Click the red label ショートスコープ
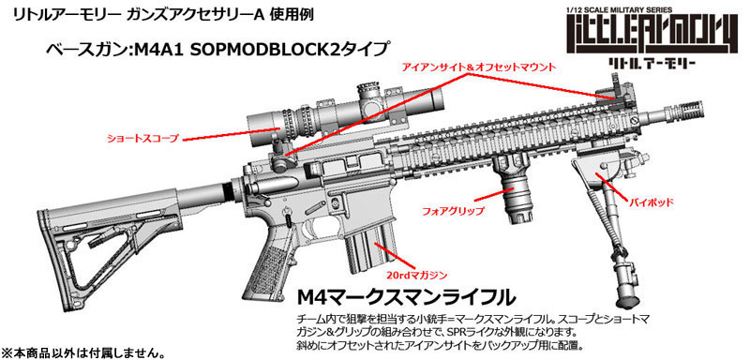(x=143, y=138)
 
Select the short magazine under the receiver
(x=360, y=253)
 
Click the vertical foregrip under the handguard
(x=517, y=192)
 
